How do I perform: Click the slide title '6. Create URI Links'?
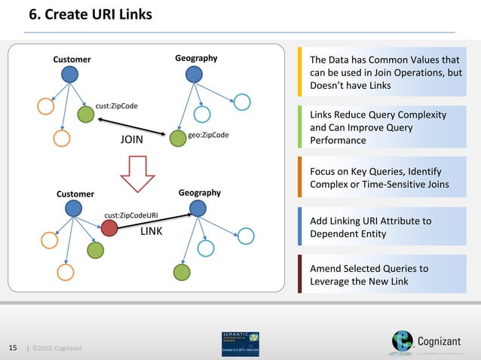tap(90, 14)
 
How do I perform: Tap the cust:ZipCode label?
tap(116, 105)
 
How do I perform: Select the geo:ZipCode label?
tap(208, 135)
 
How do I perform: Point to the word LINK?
tap(152, 231)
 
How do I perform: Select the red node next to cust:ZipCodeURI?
tap(110, 227)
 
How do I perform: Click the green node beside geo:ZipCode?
tap(178, 138)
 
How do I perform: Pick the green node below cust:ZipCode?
tap(86, 114)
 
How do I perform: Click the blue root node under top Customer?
tap(70, 74)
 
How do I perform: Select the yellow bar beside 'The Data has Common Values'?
tap(300, 73)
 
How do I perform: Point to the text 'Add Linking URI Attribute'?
tap(371, 221)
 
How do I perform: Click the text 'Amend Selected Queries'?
tap(369, 268)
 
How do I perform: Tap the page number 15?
tap(12, 346)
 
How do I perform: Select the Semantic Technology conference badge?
tap(240, 343)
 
